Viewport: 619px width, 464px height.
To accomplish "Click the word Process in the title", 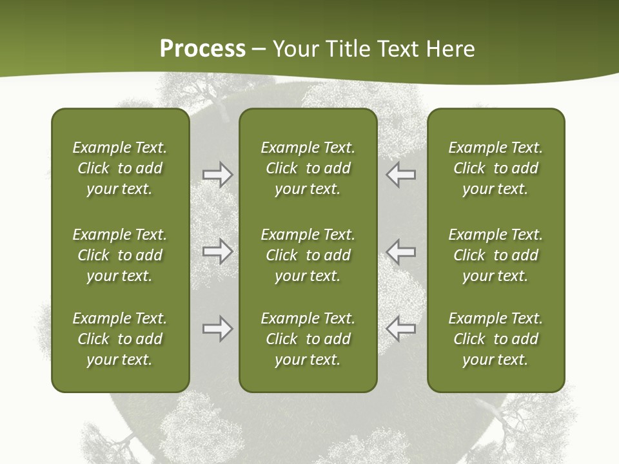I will coord(202,49).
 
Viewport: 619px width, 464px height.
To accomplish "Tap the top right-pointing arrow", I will coord(217,174).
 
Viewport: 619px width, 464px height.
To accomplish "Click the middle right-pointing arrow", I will coord(217,251).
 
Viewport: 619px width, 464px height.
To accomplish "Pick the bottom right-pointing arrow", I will coord(217,329).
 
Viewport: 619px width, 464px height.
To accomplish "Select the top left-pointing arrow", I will coord(401,174).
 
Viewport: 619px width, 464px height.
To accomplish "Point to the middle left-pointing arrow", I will coord(401,251).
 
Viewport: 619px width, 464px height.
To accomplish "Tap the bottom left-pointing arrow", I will coord(401,329).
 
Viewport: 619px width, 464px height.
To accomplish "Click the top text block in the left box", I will coord(120,168).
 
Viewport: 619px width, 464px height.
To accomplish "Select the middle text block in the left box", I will coord(120,255).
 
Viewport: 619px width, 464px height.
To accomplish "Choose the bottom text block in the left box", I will coord(120,339).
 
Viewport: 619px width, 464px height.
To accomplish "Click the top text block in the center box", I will coord(308,168).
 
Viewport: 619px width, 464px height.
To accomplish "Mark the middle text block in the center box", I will coord(308,255).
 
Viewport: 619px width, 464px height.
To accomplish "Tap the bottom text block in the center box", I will coord(308,339).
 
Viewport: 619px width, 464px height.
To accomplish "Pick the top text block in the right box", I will coord(495,168).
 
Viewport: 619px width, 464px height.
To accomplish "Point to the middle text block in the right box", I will coord(495,255).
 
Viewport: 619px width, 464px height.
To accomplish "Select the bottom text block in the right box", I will coord(495,339).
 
